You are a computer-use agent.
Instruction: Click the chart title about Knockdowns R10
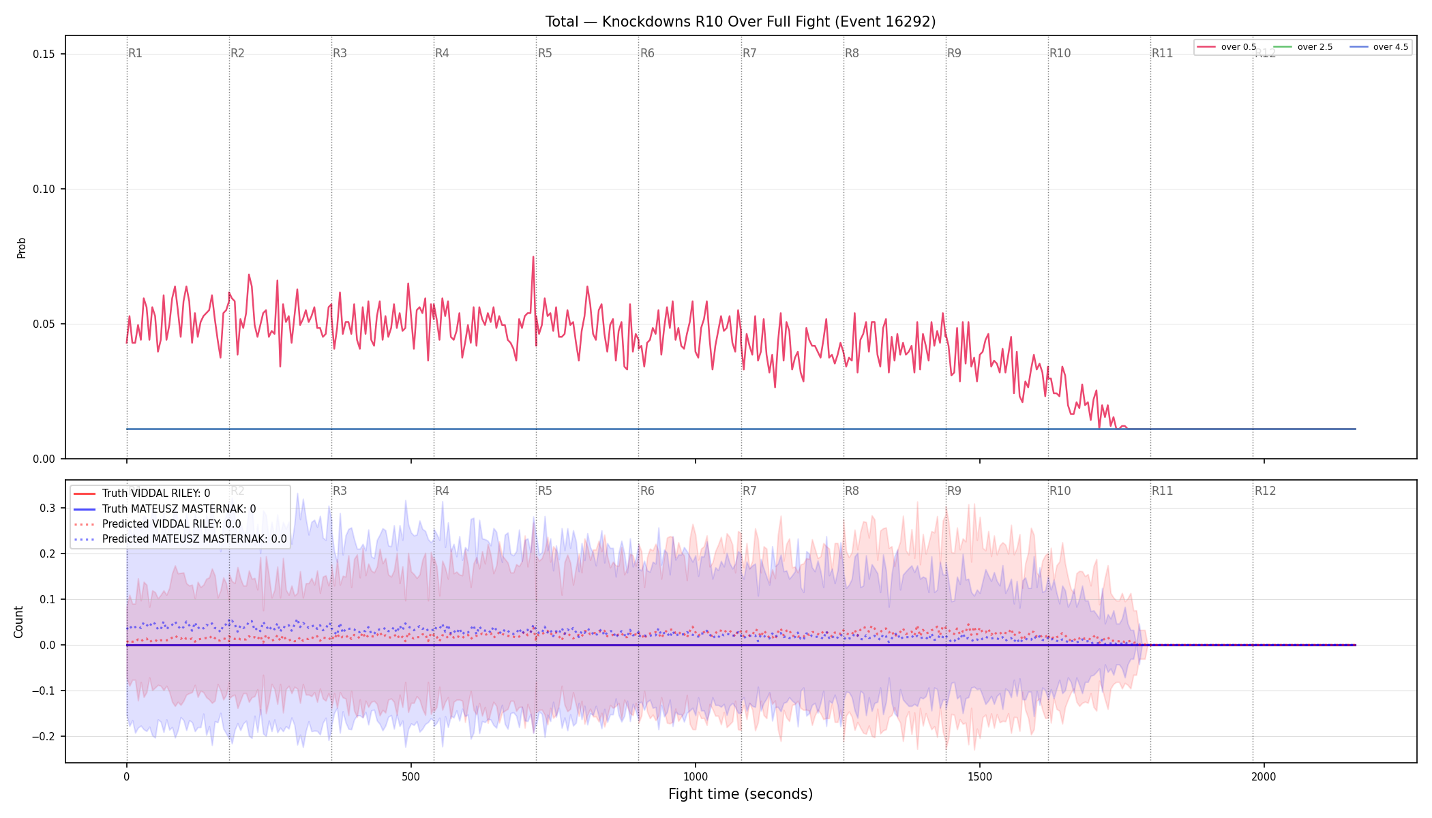[x=741, y=22]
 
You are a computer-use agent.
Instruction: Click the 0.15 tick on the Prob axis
[x=45, y=55]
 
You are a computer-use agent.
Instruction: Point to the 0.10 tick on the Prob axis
[x=45, y=190]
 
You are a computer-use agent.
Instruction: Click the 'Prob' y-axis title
[x=22, y=247]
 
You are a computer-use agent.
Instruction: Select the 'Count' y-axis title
[x=18, y=622]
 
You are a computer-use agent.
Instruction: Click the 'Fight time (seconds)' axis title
[x=741, y=794]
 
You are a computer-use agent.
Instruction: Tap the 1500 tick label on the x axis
[x=980, y=777]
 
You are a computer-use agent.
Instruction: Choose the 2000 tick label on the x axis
[x=1264, y=777]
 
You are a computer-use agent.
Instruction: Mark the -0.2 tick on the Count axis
[x=43, y=737]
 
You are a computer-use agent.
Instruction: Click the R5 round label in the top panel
[x=545, y=53]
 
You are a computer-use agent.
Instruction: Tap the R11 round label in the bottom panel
[x=1163, y=491]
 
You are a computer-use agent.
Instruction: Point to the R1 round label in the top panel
[x=135, y=53]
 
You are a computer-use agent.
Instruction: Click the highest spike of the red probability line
[x=533, y=257]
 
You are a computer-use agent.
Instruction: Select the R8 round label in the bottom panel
[x=852, y=491]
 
